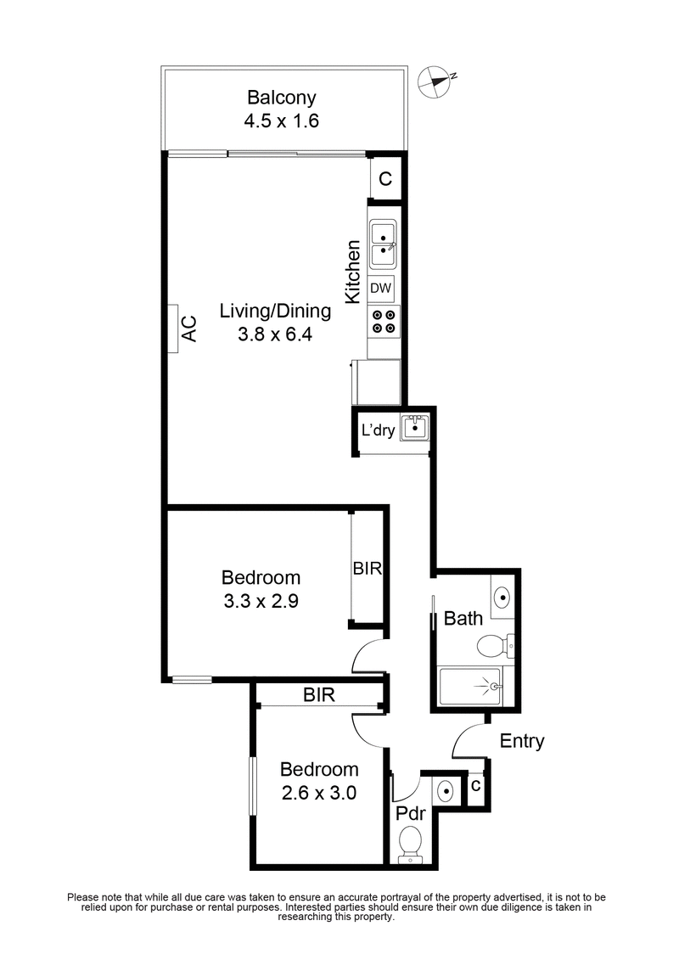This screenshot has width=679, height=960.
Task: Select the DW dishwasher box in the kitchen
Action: click(381, 289)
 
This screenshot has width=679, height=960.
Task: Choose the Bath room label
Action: click(463, 618)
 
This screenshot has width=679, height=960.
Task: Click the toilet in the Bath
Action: click(493, 647)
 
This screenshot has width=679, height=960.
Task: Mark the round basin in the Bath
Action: click(502, 596)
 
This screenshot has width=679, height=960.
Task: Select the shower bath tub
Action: click(470, 683)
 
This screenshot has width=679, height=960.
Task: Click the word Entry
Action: click(521, 741)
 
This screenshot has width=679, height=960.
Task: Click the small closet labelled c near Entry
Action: click(476, 787)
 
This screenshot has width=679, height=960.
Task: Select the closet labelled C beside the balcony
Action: click(385, 179)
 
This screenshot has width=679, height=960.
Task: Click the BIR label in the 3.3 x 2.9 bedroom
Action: click(369, 568)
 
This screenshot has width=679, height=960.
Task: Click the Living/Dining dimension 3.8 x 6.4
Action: click(275, 334)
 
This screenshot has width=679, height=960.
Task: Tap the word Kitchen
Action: click(353, 272)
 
